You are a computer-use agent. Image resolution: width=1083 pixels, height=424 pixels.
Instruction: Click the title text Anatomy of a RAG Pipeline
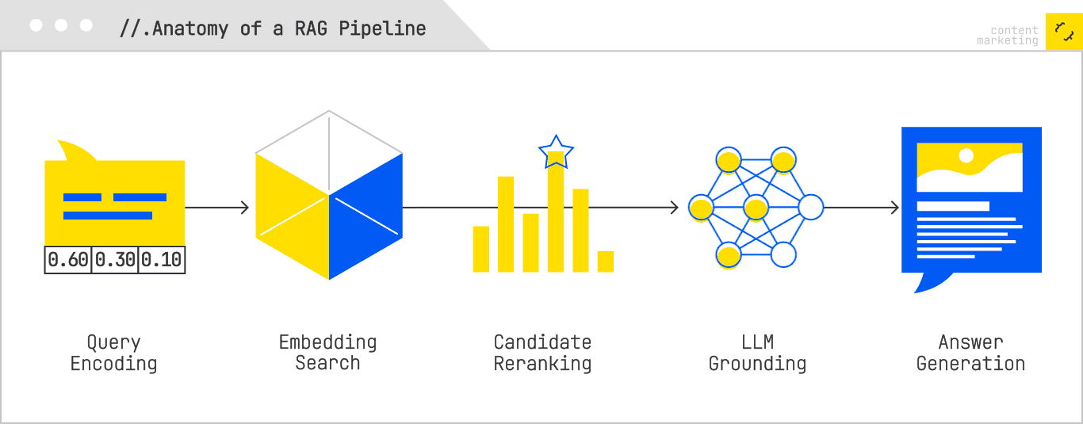(273, 29)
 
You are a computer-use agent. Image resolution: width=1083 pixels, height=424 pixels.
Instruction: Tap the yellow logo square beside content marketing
(1062, 32)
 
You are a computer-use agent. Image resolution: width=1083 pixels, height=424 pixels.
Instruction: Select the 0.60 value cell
(68, 260)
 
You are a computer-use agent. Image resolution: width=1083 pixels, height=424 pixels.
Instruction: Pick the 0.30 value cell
(115, 260)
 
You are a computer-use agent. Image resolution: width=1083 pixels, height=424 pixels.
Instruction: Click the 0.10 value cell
(162, 260)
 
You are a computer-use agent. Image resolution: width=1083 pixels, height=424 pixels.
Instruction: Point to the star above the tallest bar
(556, 152)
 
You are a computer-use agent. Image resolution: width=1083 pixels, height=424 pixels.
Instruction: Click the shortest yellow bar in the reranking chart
(606, 262)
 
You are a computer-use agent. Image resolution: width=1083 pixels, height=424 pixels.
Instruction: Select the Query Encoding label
(113, 353)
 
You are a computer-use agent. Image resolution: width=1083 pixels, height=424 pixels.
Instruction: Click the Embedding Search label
(327, 353)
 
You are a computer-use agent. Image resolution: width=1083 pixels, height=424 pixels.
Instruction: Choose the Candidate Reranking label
(542, 353)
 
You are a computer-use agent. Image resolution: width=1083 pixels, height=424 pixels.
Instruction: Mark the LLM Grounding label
(757, 353)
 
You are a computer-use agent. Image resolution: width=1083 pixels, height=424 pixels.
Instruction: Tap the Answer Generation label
(970, 353)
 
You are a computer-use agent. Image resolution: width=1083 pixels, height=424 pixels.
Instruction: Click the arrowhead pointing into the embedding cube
(244, 208)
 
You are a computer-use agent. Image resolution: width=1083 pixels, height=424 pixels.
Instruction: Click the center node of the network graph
(756, 208)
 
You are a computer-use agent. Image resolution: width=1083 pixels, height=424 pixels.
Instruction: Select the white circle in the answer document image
(966, 155)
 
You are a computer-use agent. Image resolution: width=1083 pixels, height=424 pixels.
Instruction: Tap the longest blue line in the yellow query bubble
(108, 216)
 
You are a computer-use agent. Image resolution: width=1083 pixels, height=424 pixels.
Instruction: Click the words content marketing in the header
(1008, 36)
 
